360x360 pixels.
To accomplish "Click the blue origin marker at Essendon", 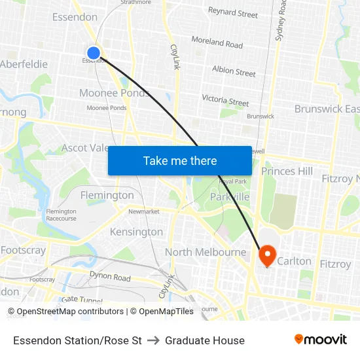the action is click(94, 53).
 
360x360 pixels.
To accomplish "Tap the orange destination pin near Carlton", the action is click(268, 254).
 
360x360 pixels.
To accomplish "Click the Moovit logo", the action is click(321, 340).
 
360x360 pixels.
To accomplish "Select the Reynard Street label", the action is click(233, 12).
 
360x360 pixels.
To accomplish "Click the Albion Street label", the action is click(234, 71).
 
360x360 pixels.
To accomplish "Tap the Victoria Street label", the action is click(225, 100).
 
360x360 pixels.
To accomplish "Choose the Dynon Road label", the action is click(110, 277).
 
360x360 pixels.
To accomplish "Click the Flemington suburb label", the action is click(107, 195).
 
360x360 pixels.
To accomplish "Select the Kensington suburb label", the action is click(136, 232).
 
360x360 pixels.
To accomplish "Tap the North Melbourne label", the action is click(206, 252).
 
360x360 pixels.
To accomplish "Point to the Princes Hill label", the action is click(287, 171).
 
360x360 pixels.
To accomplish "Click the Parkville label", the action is click(230, 196).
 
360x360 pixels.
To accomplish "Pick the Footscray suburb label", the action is click(23, 250).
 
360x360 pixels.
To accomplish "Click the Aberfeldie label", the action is click(24, 64).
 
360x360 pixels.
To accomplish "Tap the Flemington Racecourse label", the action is click(61, 215).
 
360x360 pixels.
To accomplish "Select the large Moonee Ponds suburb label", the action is click(115, 93).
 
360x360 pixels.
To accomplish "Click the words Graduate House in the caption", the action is click(205, 340).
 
